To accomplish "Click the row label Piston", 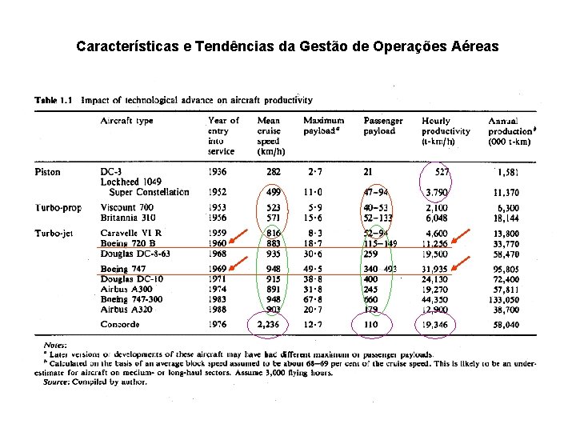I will tap(46, 172).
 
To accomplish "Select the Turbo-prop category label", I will tap(57, 208).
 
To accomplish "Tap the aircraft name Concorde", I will tap(120, 324).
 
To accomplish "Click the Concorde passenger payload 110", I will tap(370, 324).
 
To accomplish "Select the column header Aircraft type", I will tap(126, 121).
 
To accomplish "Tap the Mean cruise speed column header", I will tap(268, 135).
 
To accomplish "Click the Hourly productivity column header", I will tap(446, 130).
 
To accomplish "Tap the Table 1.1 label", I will tap(54, 100).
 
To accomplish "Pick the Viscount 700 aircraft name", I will tap(129, 208).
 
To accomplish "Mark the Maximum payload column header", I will tap(324, 126).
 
